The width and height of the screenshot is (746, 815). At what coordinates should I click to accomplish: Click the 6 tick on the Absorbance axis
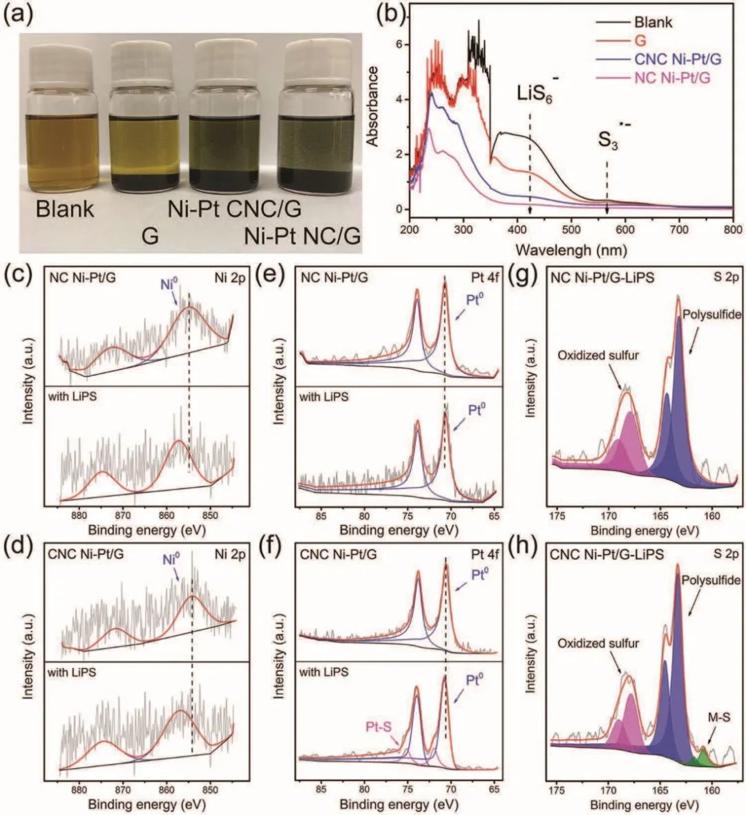pyautogui.click(x=398, y=44)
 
